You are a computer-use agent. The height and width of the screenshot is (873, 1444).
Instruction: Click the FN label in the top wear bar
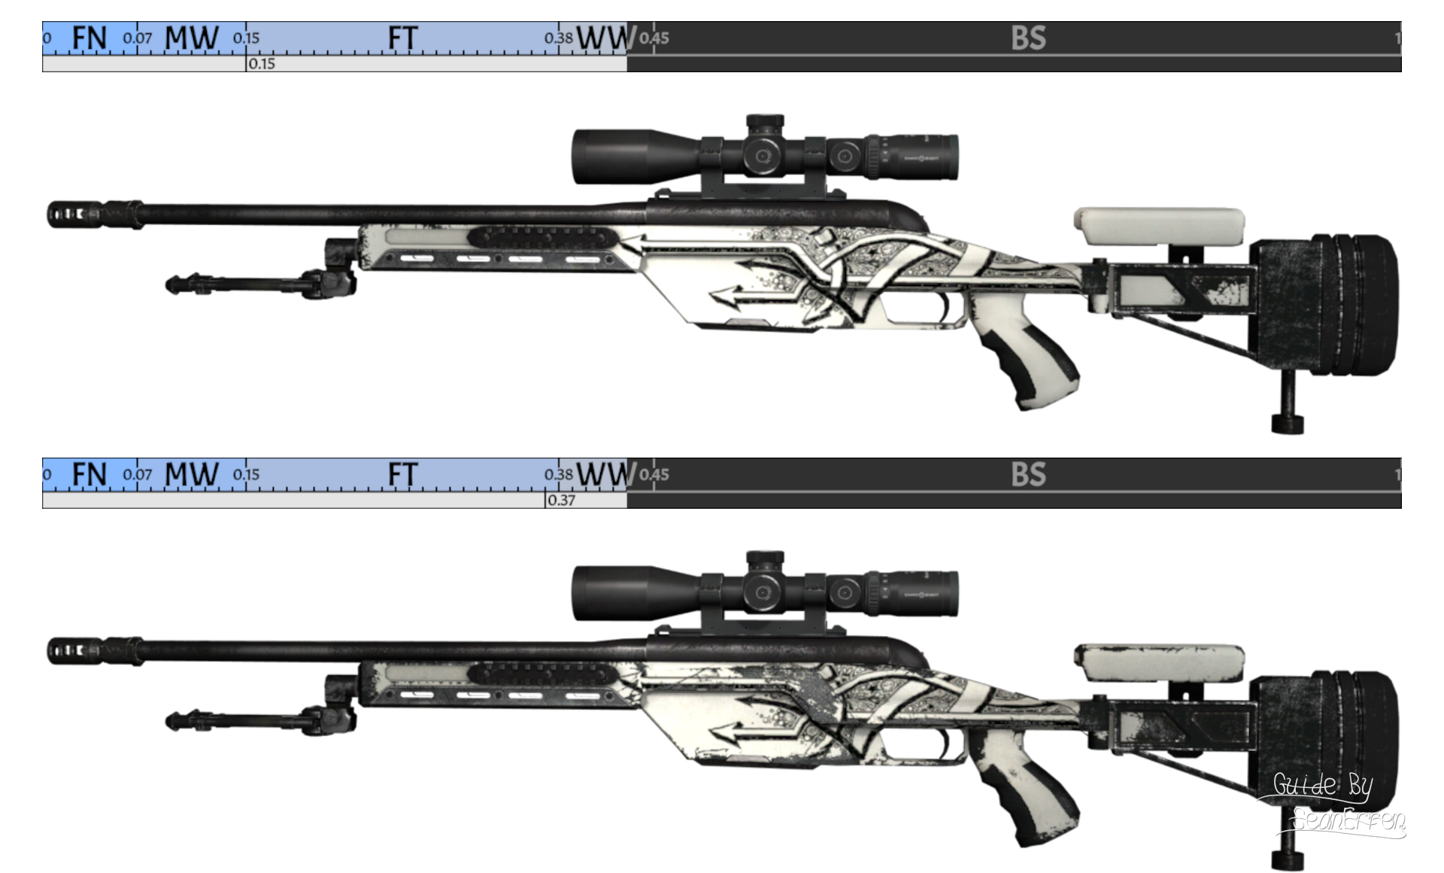89,38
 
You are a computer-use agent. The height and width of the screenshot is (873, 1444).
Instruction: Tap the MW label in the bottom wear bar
192,475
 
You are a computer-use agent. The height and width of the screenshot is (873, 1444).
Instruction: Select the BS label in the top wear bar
1028,38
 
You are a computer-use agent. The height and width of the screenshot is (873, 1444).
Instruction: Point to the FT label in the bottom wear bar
402,475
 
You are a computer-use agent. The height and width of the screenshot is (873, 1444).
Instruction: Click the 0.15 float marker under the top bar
261,64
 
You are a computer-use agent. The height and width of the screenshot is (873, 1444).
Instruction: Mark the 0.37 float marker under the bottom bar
561,500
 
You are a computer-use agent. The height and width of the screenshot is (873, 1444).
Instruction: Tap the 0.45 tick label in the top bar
654,38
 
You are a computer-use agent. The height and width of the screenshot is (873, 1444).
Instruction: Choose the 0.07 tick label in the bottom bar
138,475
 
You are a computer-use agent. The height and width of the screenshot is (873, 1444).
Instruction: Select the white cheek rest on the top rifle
1158,226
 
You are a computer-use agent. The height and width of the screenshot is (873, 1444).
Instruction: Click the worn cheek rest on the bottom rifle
1158,662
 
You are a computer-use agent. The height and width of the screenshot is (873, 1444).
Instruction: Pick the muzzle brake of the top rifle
75,213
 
